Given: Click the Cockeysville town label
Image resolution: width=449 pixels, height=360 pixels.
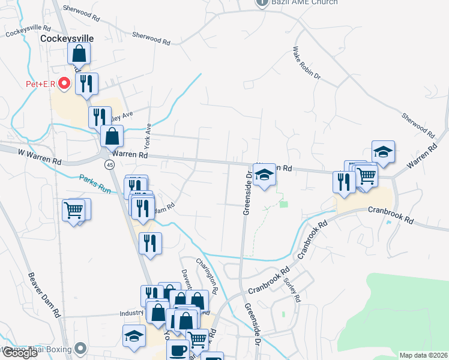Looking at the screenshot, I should pyautogui.click(x=67, y=38).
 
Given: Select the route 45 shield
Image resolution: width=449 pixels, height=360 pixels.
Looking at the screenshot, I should pyautogui.click(x=109, y=164).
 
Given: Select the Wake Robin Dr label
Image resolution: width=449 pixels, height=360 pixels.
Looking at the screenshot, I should pyautogui.click(x=307, y=64).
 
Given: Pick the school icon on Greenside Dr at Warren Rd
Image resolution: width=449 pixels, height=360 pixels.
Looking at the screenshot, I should pyautogui.click(x=263, y=175).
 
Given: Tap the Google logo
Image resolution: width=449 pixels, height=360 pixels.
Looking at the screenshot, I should pyautogui.click(x=20, y=353).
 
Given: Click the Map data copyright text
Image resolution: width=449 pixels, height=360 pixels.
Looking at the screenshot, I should pyautogui.click(x=423, y=355).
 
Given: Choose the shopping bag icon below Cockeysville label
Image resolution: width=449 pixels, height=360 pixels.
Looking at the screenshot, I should pyautogui.click(x=79, y=54).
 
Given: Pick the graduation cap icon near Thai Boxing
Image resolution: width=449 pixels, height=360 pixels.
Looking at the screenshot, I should pyautogui.click(x=134, y=337).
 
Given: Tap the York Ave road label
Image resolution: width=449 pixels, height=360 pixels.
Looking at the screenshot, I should pyautogui.click(x=147, y=137).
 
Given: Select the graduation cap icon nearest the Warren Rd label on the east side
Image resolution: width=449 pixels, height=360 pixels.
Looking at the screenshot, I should pyautogui.click(x=383, y=152).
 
